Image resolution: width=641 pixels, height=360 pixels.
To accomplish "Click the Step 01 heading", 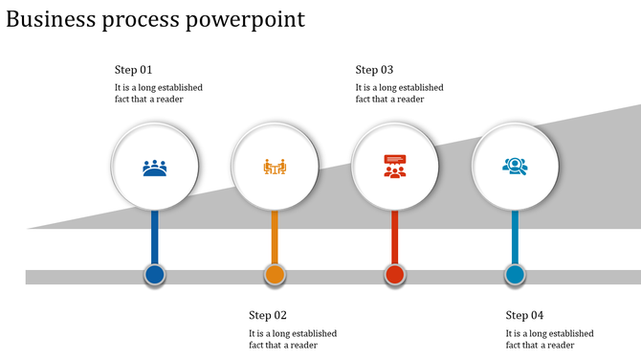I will (133, 70).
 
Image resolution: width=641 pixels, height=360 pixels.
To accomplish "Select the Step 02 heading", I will (268, 315).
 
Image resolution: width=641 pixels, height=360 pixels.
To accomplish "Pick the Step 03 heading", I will (374, 70).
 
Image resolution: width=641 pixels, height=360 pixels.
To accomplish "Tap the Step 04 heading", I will (524, 315).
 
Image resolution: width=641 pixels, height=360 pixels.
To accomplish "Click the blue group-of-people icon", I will (155, 169).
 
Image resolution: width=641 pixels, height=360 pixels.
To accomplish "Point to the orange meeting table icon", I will (275, 168).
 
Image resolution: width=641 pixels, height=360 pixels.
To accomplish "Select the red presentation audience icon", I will (394, 167).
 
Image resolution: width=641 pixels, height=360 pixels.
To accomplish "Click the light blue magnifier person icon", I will (515, 167).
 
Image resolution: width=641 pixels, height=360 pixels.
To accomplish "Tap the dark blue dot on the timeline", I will (155, 276).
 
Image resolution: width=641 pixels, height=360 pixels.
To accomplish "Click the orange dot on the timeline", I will (275, 276).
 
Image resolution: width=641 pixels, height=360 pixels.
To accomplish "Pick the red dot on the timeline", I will (394, 276).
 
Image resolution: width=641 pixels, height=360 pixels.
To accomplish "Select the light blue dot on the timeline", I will (515, 276).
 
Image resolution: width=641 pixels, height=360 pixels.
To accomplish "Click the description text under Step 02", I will (293, 339).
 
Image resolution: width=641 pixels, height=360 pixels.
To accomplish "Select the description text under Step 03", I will (399, 93).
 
